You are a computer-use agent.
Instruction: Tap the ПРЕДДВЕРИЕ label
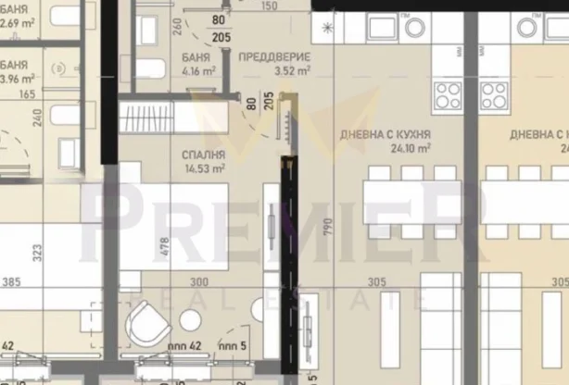pos(273,57)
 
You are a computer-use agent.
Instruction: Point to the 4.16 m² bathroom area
pos(199,69)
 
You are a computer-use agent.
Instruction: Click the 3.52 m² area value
pos(274,69)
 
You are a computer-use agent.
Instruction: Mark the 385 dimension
pos(12,282)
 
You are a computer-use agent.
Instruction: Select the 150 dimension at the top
pos(270,6)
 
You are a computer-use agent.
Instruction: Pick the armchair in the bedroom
pos(146,325)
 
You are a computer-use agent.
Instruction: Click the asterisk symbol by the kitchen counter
pos(326,28)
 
